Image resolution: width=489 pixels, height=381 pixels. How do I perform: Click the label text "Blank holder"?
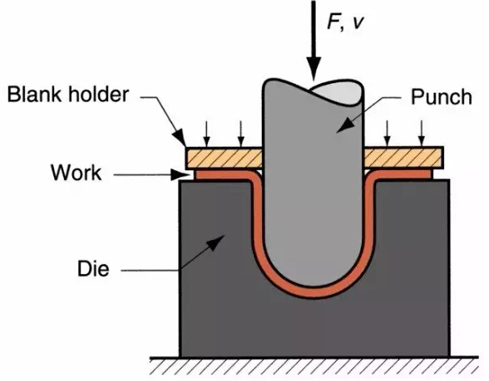click(x=68, y=94)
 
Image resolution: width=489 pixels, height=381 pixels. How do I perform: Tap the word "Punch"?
click(x=441, y=97)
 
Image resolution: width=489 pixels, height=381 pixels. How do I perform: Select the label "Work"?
click(x=77, y=173)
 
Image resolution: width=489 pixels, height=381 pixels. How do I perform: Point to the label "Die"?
click(x=93, y=268)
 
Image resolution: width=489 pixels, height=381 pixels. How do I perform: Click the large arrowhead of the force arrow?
click(x=314, y=68)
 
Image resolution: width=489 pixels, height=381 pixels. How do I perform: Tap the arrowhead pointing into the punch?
click(x=344, y=126)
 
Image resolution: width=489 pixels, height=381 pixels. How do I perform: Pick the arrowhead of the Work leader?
click(x=181, y=174)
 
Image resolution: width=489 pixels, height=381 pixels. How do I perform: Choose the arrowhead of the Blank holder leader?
click(x=180, y=138)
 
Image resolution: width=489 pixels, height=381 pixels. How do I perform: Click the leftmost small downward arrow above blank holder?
click(x=206, y=134)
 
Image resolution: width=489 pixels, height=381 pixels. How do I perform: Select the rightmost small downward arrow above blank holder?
click(x=422, y=134)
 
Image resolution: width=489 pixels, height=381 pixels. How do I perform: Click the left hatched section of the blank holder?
click(x=224, y=158)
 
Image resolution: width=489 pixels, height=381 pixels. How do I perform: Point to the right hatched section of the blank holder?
click(x=404, y=158)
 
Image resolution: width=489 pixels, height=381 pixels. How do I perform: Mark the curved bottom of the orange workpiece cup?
click(x=314, y=292)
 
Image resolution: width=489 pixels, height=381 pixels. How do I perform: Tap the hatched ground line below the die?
click(x=314, y=366)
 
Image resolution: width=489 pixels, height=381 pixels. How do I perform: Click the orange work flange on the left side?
click(x=225, y=174)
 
